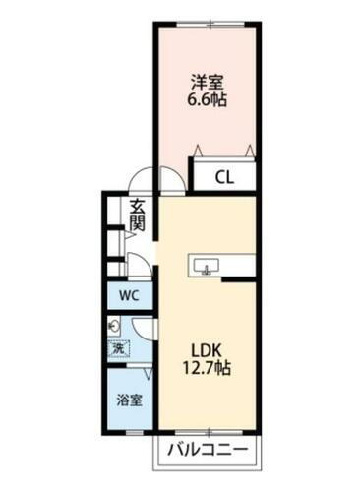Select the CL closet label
pyautogui.click(x=223, y=178)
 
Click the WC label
pyautogui.click(x=130, y=296)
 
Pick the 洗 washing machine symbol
pyautogui.click(x=119, y=347)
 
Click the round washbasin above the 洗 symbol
pyautogui.click(x=116, y=327)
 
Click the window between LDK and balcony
pyautogui.click(x=208, y=433)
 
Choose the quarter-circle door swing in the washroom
pyautogui.click(x=142, y=328)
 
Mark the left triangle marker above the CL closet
pyautogui.click(x=200, y=150)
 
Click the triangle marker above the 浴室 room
pyautogui.click(x=147, y=374)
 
